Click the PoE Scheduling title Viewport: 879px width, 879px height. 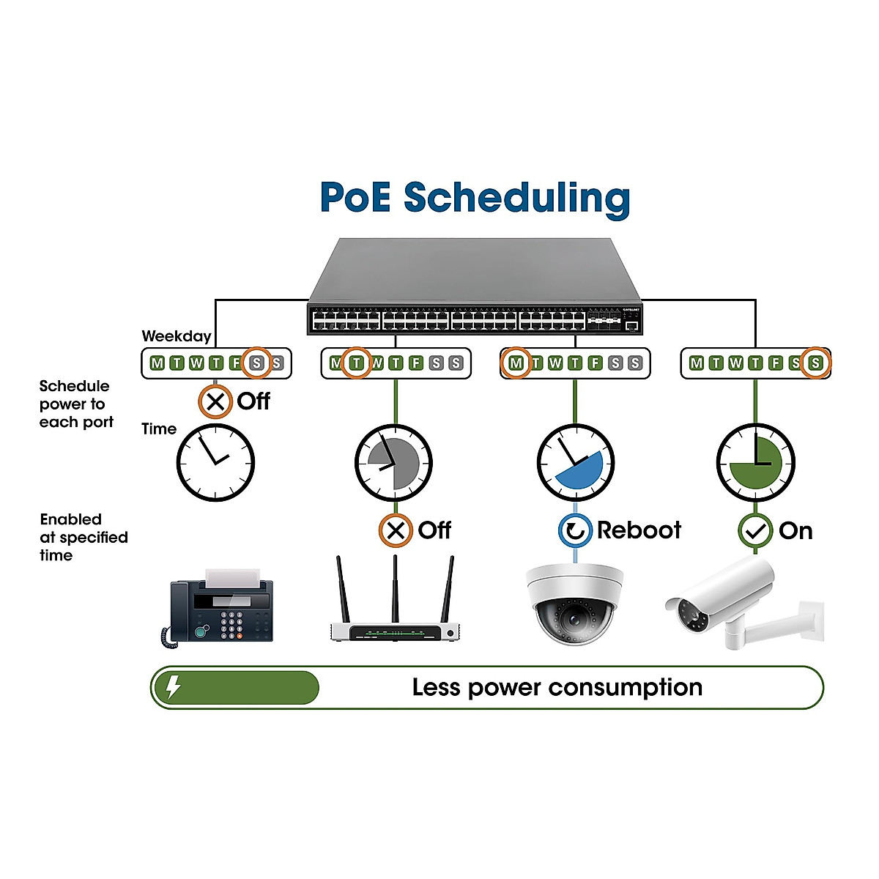pyautogui.click(x=475, y=198)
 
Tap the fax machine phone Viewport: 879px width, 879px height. pyautogui.click(x=218, y=608)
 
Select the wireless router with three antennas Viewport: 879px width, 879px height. pyautogui.click(x=395, y=608)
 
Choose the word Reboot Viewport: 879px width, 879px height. pyautogui.click(x=639, y=530)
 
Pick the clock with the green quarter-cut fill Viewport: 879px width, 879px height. pyautogui.click(x=755, y=463)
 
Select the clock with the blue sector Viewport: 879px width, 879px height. pyautogui.click(x=575, y=463)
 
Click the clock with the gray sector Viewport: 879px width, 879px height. pyautogui.click(x=394, y=463)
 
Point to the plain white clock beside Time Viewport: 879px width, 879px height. pyautogui.click(x=215, y=463)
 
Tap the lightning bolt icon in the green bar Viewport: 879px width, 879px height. pyautogui.click(x=173, y=687)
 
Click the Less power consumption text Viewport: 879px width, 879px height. pyautogui.click(x=557, y=687)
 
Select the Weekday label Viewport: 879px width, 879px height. pyautogui.click(x=177, y=336)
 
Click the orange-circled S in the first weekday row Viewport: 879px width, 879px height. pyautogui.click(x=256, y=363)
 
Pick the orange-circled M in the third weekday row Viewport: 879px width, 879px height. pyautogui.click(x=516, y=363)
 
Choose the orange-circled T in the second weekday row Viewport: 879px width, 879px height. pyautogui.click(x=356, y=363)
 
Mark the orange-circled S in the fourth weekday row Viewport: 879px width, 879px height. pyautogui.click(x=815, y=363)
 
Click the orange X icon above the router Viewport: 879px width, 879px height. pyautogui.click(x=396, y=530)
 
